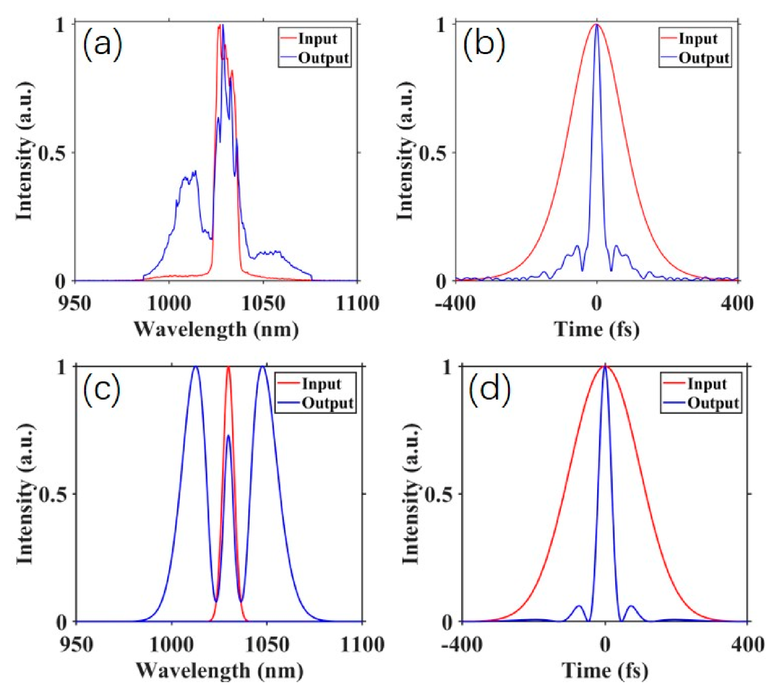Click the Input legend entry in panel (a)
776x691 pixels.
(x=317, y=38)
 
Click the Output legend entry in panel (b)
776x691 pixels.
(x=704, y=58)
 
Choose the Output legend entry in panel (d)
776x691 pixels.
(x=713, y=403)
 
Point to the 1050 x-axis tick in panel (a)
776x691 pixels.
(x=263, y=304)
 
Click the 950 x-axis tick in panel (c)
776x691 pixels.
(x=76, y=645)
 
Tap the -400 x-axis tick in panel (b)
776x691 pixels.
(x=455, y=304)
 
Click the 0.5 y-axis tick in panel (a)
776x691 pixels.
(x=52, y=153)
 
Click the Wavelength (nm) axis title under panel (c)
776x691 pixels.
(x=220, y=671)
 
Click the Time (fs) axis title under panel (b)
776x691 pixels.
(x=597, y=329)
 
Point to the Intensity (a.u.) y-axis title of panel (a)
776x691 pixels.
(x=24, y=151)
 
